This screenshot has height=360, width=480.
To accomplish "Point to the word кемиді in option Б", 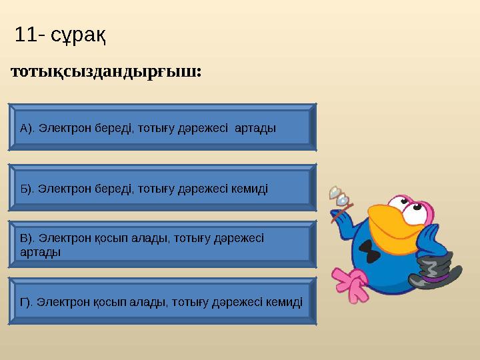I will point(248,189).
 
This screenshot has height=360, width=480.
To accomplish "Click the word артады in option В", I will point(41,252).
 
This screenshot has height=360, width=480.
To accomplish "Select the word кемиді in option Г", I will point(283,302).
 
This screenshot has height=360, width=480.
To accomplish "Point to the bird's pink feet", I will point(351,282).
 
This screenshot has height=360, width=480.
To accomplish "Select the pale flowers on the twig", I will point(339,196).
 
